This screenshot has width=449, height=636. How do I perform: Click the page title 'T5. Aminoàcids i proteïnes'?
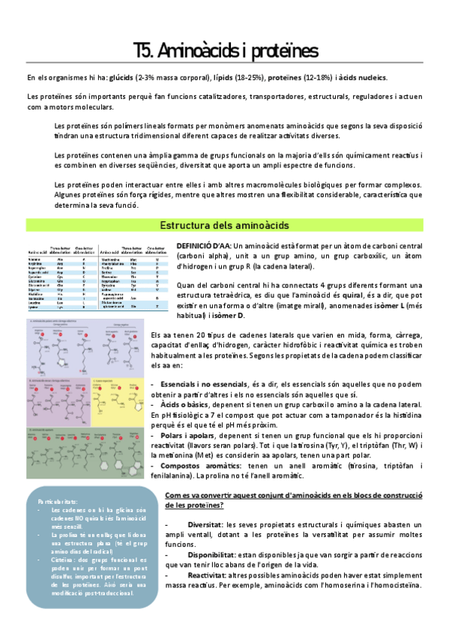(x=225, y=50)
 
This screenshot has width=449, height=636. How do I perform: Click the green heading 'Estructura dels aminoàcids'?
(x=225, y=225)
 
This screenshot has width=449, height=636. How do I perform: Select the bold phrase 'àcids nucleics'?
(x=362, y=78)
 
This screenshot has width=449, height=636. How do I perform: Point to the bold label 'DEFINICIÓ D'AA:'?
(x=203, y=246)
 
